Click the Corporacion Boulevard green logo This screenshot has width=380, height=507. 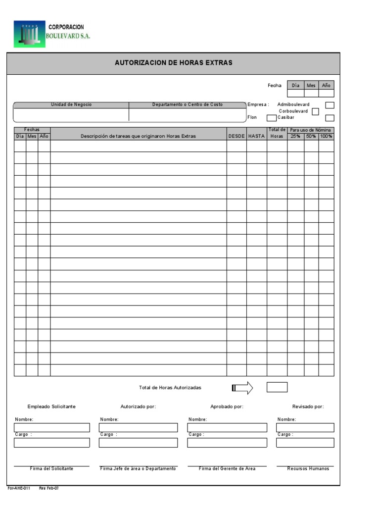tap(29, 34)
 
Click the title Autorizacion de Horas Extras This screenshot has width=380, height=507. tap(173, 63)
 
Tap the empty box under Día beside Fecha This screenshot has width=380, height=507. tap(295, 93)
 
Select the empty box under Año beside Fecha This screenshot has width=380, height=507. tap(326, 93)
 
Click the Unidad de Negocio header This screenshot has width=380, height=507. tap(71, 105)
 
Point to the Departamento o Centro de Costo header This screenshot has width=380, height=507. tap(187, 105)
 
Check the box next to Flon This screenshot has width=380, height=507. tap(272, 118)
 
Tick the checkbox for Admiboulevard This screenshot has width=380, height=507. tap(330, 105)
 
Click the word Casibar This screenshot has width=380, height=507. tap(286, 117)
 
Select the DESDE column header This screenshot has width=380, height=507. tap(237, 136)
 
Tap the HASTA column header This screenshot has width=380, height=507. tap(256, 136)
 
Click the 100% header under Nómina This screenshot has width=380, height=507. tap(326, 136)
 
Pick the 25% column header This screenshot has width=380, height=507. tap(295, 136)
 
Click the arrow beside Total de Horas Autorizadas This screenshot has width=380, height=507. tap(242, 388)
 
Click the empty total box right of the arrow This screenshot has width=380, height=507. tap(277, 387)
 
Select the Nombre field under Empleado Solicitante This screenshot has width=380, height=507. tap(52, 428)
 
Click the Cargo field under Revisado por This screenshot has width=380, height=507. tap(305, 443)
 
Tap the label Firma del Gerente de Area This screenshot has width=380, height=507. tap(227, 468)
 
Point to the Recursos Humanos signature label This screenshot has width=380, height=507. tap(308, 468)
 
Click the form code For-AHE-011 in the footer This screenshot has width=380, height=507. tap(19, 488)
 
